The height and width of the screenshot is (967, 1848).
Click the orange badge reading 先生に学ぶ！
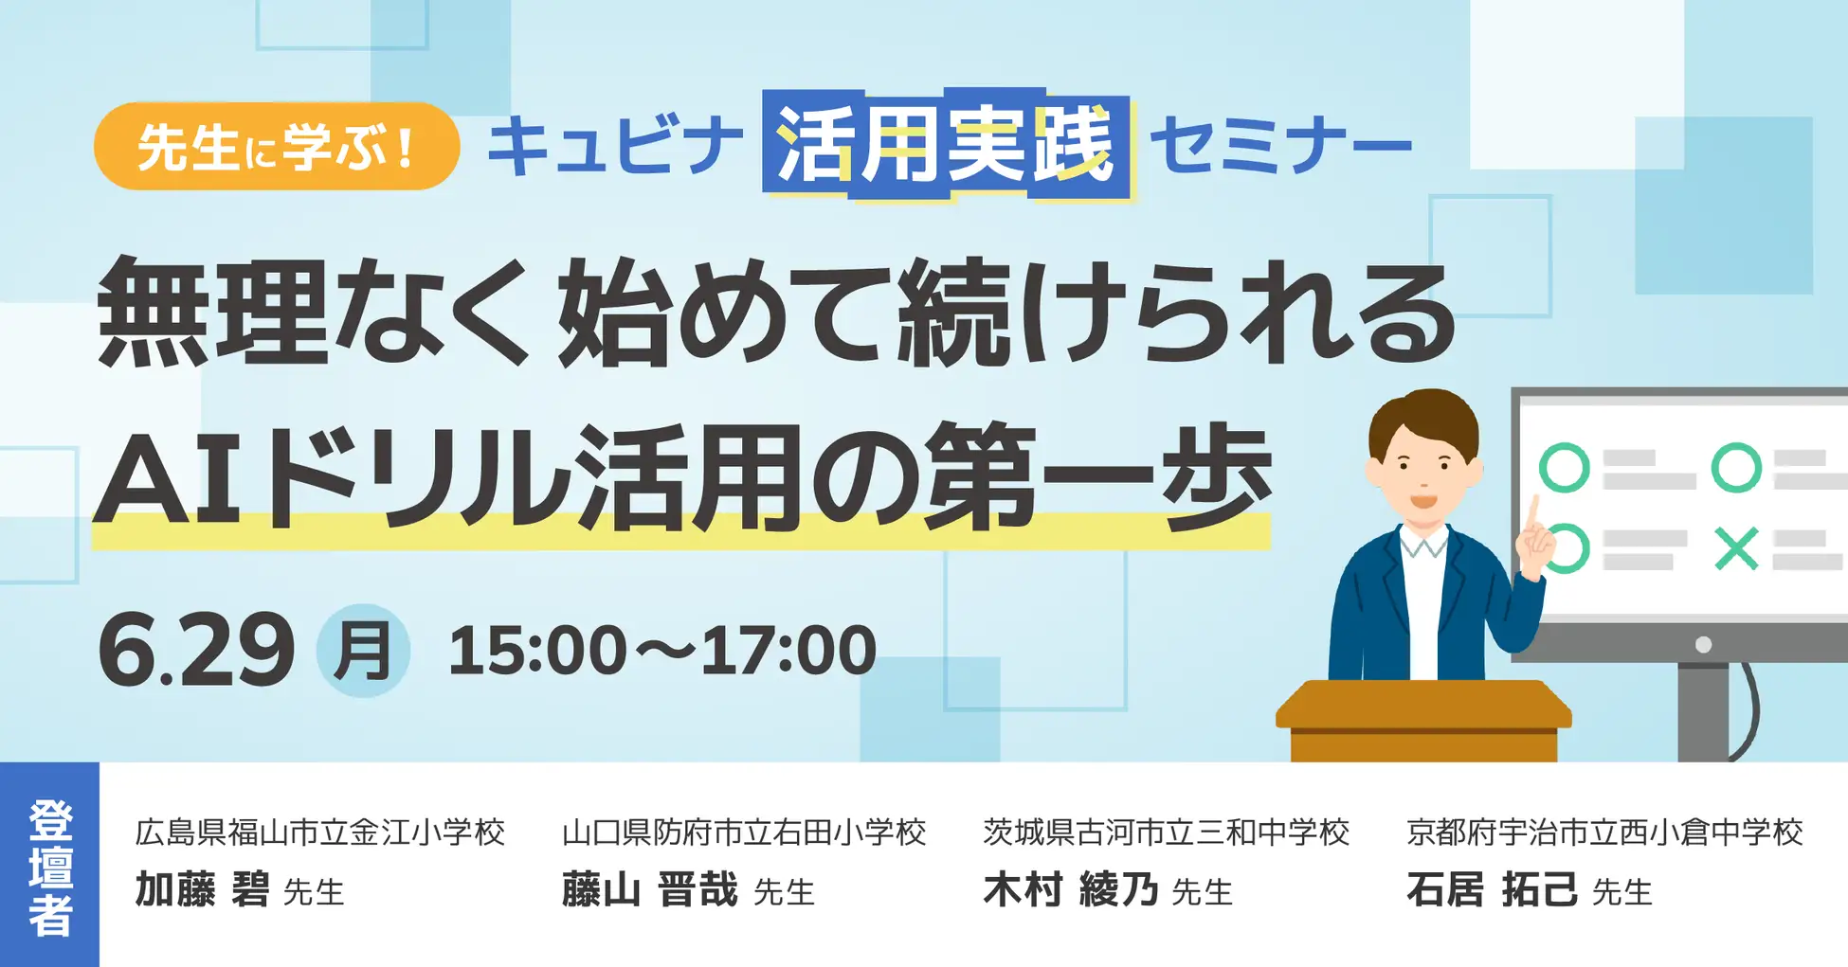[x=277, y=146]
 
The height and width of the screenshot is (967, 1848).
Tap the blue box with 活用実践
[x=947, y=146]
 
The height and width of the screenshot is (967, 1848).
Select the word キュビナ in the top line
[x=615, y=147]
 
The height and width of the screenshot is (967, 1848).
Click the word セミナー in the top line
[x=1280, y=147]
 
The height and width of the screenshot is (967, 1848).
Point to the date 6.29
[x=196, y=650]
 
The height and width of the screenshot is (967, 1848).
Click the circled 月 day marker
[x=363, y=651]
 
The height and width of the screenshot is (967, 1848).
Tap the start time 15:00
[x=537, y=651]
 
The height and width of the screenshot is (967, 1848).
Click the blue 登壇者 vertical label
[x=49, y=865]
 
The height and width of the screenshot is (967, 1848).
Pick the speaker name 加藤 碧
[x=202, y=890]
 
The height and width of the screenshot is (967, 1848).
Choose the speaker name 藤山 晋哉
[x=649, y=890]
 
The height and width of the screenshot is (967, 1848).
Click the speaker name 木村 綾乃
[x=1071, y=890]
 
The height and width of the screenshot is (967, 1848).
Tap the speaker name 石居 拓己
[x=1493, y=890]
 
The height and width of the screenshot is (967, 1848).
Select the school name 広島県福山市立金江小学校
[x=320, y=833]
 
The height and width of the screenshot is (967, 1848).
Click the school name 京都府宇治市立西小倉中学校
[x=1604, y=833]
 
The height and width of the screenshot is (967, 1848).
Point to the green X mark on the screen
[x=1736, y=549]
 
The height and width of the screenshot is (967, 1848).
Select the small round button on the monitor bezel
[x=1703, y=645]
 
